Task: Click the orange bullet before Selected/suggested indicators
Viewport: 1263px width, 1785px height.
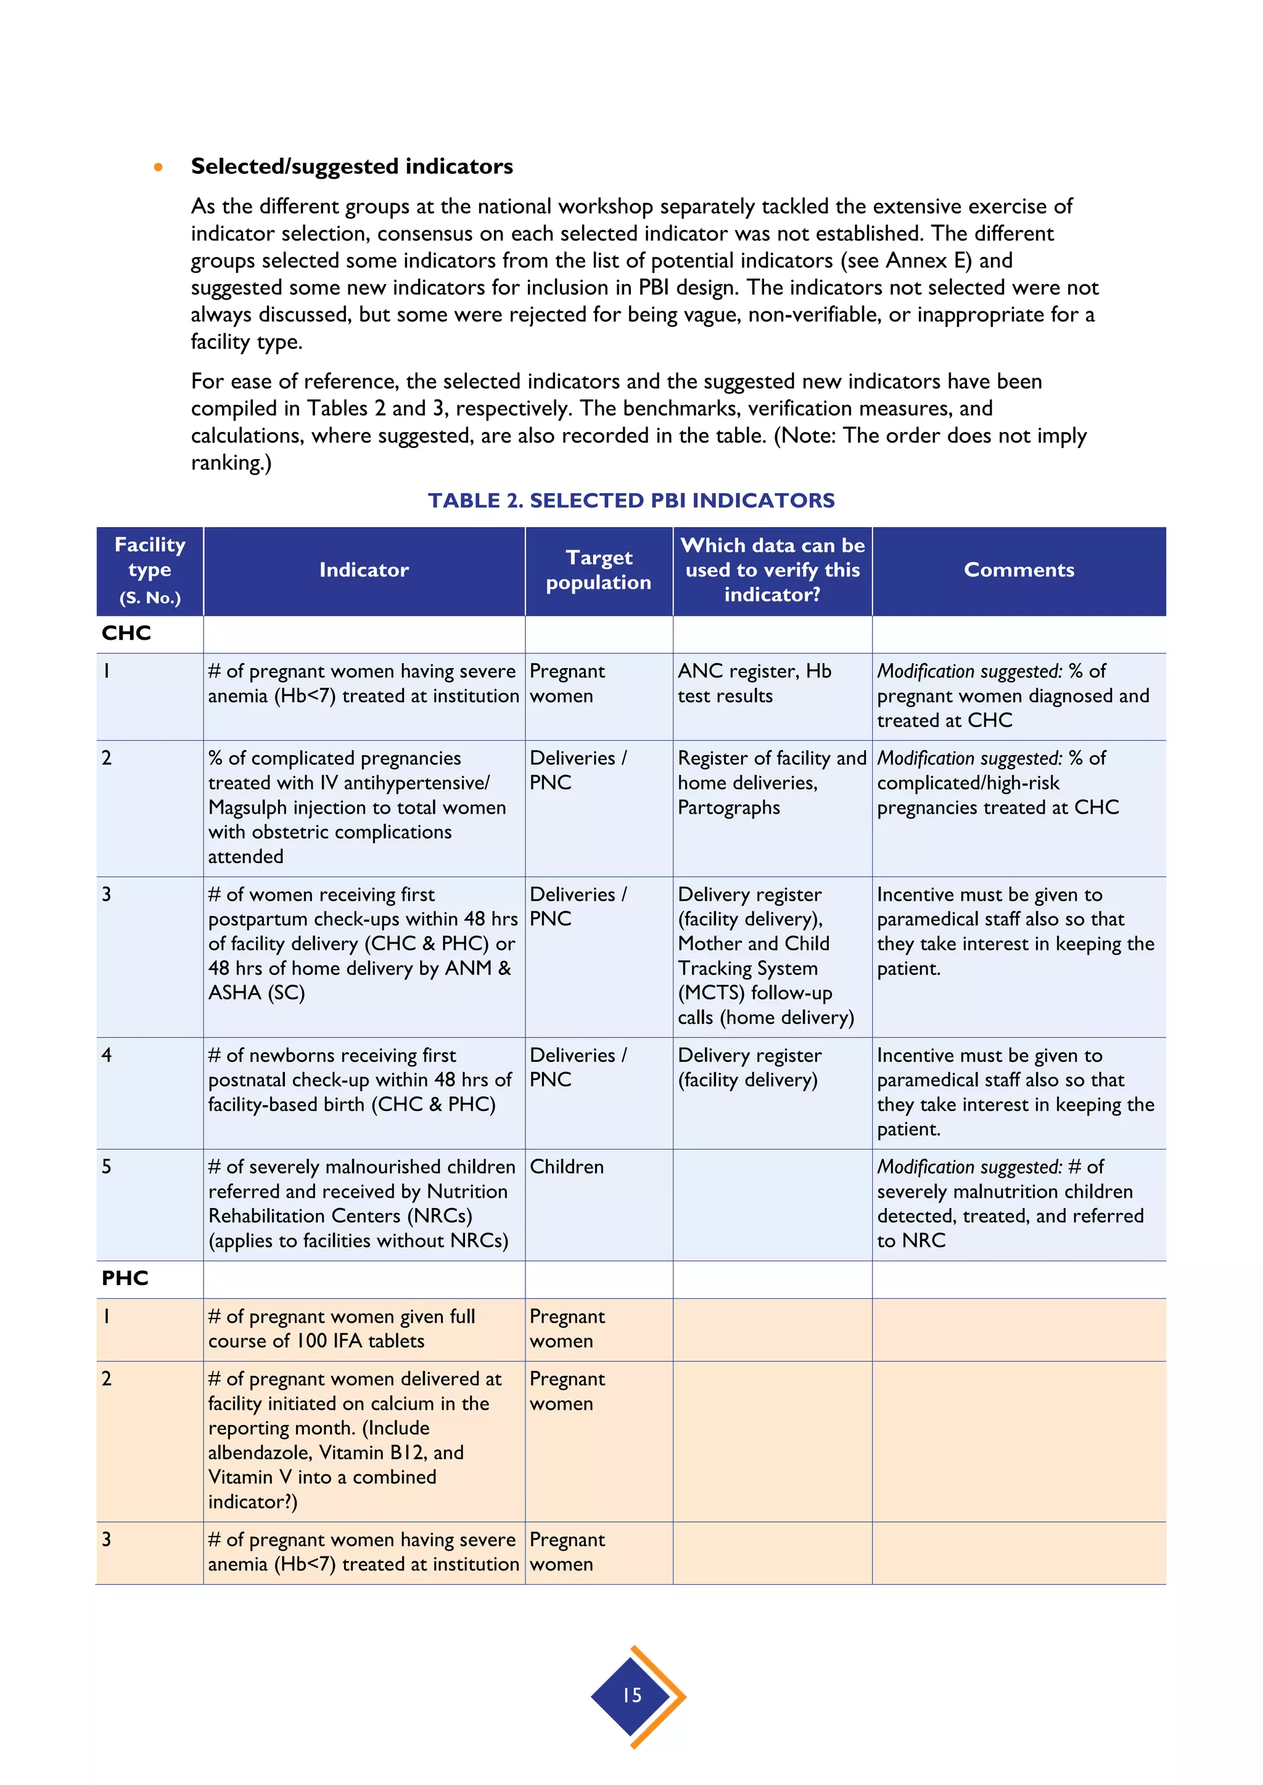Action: (158, 167)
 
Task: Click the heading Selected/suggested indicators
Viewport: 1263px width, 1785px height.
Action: (352, 166)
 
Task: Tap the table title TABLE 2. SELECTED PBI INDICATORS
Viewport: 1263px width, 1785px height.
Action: (631, 500)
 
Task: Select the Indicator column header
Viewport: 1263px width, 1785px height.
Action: (363, 570)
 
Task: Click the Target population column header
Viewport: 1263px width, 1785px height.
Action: (598, 570)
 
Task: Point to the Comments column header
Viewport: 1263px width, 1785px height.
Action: (1018, 570)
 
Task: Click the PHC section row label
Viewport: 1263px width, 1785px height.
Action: (125, 1278)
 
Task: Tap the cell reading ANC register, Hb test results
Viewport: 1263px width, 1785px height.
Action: (754, 684)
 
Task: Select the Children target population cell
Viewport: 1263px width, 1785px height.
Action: (567, 1167)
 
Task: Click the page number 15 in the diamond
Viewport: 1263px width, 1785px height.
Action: (632, 1696)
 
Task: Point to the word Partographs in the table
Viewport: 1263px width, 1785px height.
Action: (729, 808)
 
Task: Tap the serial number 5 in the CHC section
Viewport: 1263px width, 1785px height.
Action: (107, 1167)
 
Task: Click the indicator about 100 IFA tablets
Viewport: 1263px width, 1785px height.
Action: (342, 1329)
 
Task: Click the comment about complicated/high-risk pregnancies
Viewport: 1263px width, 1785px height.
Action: (998, 783)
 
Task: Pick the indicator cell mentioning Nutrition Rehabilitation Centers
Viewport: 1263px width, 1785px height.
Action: (361, 1204)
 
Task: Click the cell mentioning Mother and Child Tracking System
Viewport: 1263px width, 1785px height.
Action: (765, 955)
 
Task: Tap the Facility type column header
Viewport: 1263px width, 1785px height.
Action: (149, 570)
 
